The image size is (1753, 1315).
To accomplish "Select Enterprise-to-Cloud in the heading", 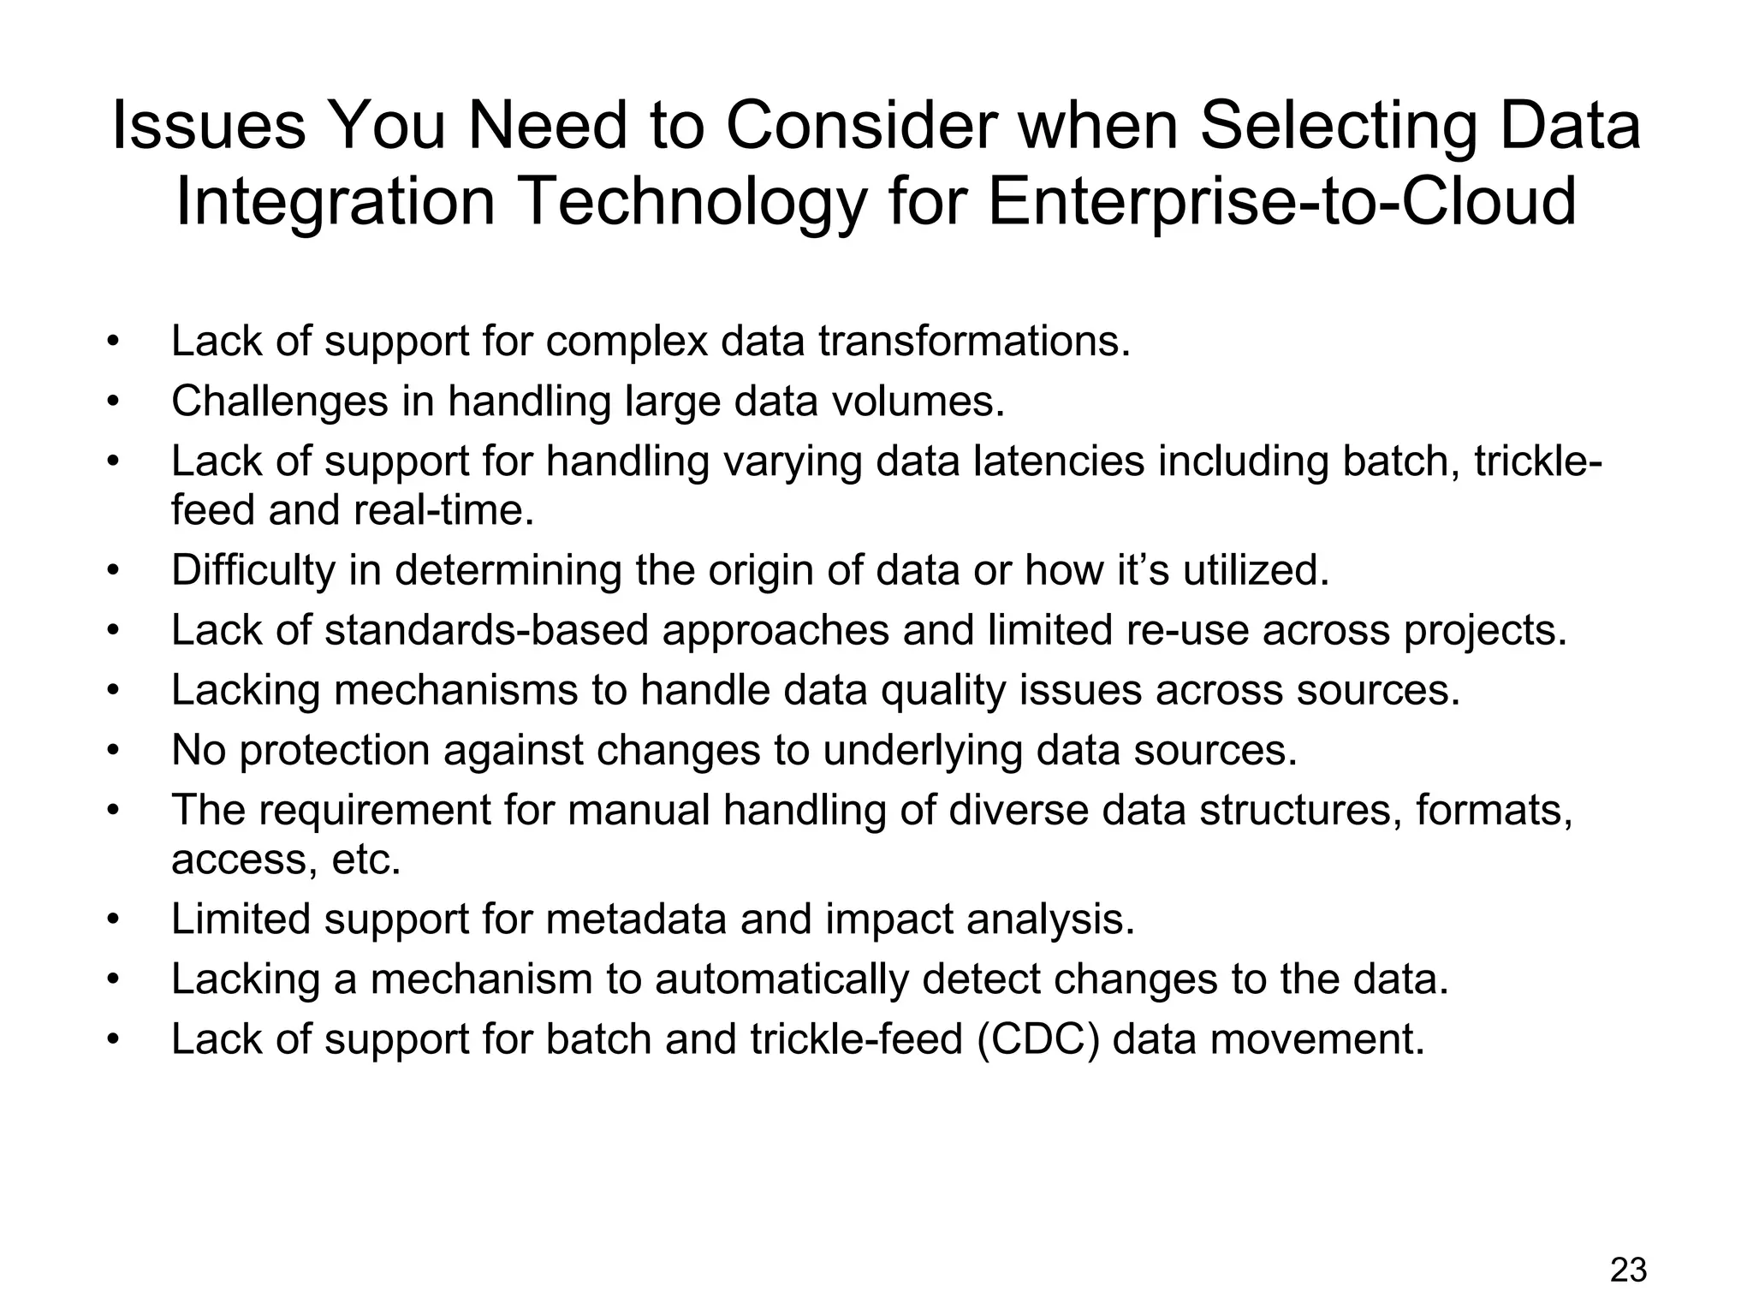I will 1281,202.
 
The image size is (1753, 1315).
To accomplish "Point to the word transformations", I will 974,342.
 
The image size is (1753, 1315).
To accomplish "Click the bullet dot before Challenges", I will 112,402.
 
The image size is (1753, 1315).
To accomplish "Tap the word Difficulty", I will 253,570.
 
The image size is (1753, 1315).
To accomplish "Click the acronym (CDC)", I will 1037,1040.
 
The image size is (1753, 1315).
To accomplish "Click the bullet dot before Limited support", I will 112,920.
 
